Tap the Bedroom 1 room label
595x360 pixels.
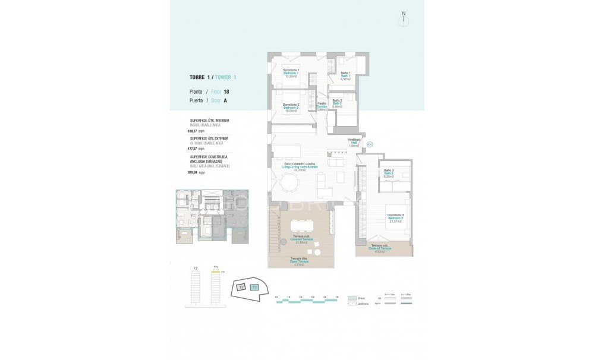(291, 73)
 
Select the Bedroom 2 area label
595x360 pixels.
(290, 107)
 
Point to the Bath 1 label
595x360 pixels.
(345, 75)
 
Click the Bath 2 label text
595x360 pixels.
(337, 103)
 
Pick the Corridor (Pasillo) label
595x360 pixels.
(322, 106)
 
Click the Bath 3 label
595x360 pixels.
(389, 173)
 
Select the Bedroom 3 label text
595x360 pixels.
(395, 218)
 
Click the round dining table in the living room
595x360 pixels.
(291, 184)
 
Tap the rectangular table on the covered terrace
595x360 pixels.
(303, 225)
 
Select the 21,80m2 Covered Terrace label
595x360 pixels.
(301, 239)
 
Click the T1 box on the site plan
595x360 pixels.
(254, 287)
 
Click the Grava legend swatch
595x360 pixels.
(352, 297)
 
